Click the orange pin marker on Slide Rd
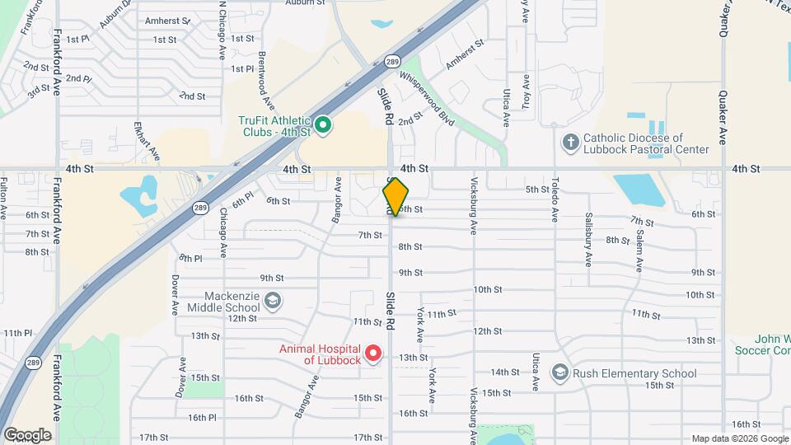point(395,197)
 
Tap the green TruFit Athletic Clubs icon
point(324,125)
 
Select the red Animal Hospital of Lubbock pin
point(372,354)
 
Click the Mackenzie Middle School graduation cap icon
point(273,302)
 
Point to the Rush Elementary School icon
point(560,373)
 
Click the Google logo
point(26,434)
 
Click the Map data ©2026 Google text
point(740,438)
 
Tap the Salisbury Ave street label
point(588,245)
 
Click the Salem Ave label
point(639,251)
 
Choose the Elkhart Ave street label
point(140,141)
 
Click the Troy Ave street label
point(526,91)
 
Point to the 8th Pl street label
point(190,258)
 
